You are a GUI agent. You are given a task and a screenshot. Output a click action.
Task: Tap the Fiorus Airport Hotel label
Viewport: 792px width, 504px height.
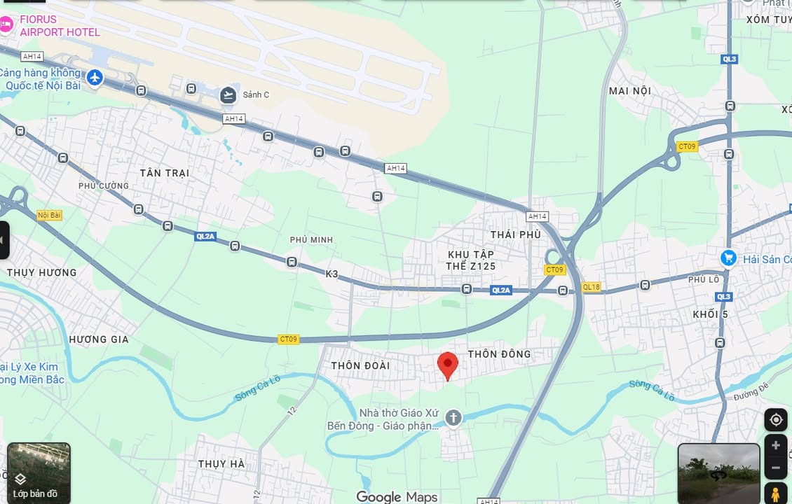point(60,25)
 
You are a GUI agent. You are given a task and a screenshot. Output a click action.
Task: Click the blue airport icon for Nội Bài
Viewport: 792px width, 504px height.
point(95,78)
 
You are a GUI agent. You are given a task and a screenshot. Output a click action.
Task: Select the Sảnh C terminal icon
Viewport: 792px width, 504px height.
point(228,95)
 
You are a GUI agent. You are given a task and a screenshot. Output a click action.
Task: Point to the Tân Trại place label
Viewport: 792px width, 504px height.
point(164,173)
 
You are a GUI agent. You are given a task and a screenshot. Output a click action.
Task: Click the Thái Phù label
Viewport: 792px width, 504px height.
point(515,234)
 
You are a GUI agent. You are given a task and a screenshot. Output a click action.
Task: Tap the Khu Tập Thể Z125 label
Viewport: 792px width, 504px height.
point(470,260)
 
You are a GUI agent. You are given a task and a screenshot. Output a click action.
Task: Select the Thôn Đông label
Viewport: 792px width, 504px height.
point(499,354)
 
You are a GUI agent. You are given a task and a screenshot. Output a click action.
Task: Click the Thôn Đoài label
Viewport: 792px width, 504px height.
point(360,365)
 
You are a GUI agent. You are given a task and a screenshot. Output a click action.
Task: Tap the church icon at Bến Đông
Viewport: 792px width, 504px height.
point(453,419)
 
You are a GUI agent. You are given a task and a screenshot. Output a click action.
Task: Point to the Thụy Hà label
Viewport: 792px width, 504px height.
point(221,464)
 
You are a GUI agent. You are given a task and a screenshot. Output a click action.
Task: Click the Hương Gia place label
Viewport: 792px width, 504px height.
point(99,339)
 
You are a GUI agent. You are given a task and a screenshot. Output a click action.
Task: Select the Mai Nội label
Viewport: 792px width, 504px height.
point(630,91)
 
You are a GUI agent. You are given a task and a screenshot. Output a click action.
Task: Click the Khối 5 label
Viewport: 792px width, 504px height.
point(710,314)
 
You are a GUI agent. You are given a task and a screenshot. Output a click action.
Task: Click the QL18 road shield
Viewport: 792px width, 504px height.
point(591,287)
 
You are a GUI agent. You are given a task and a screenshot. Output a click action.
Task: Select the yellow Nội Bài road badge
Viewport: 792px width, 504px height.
point(50,216)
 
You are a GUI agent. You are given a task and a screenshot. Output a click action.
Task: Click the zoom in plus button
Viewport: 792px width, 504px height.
point(775,446)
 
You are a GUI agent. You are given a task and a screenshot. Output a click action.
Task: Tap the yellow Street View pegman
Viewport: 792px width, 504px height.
point(775,493)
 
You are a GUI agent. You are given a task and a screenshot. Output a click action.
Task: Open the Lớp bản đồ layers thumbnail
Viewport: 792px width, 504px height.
point(39,472)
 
